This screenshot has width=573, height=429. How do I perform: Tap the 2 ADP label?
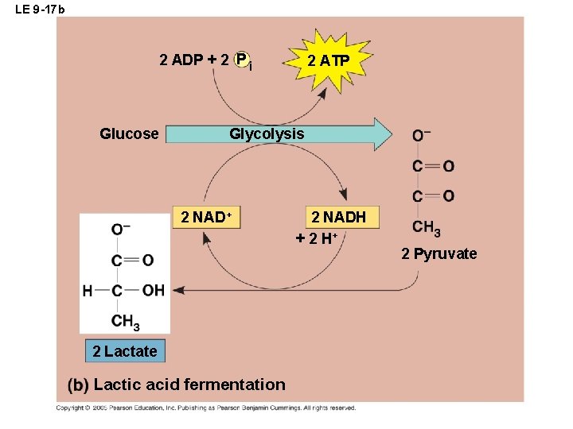click(x=182, y=60)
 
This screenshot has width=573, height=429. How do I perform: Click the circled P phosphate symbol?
click(x=243, y=60)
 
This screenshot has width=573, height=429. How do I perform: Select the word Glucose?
click(x=129, y=134)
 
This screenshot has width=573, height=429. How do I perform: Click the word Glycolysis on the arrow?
click(x=267, y=134)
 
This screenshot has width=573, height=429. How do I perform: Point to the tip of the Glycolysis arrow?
click(x=390, y=134)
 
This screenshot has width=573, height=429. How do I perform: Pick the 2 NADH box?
click(x=339, y=217)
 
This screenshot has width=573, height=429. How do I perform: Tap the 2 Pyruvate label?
click(x=439, y=254)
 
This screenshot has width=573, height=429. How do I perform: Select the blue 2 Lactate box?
click(x=124, y=351)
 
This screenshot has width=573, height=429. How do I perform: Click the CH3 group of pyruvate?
click(x=427, y=229)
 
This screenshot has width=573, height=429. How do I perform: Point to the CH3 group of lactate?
click(x=126, y=322)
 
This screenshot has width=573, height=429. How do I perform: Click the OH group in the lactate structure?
click(x=154, y=291)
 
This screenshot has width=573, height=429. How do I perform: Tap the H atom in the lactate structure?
click(x=88, y=291)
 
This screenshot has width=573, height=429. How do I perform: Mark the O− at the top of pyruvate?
click(x=421, y=136)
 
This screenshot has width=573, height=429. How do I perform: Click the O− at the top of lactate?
click(x=121, y=230)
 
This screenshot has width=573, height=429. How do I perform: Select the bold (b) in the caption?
click(x=78, y=385)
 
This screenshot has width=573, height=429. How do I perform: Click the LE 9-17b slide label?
click(x=35, y=10)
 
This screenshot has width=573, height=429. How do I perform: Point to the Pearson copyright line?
click(x=205, y=408)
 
